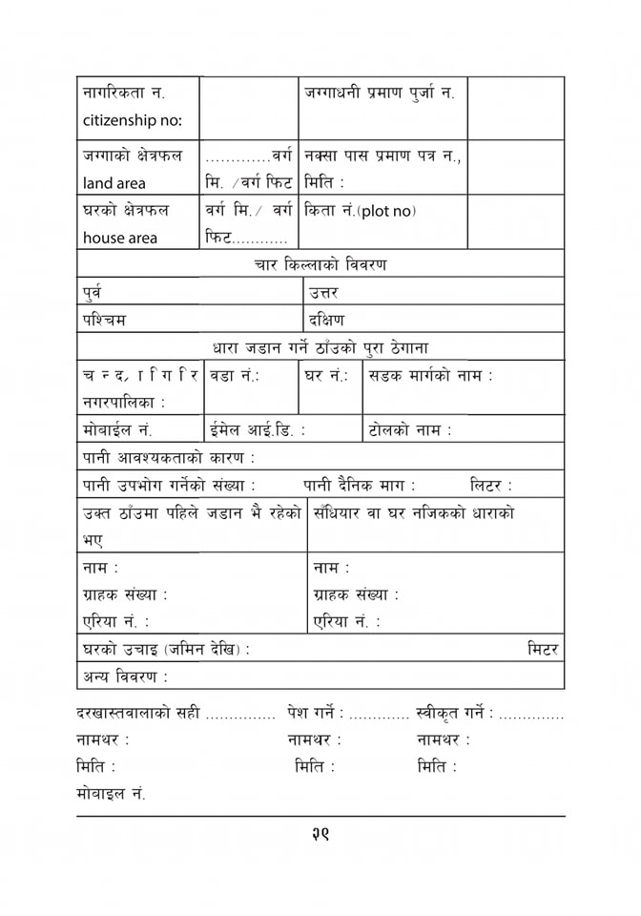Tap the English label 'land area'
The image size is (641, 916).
click(114, 183)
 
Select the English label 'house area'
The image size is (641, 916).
click(120, 238)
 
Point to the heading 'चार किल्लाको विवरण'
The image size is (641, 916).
click(320, 264)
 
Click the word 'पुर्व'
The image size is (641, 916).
click(93, 292)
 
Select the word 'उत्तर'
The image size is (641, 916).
click(324, 292)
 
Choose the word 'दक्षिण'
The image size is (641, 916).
click(326, 320)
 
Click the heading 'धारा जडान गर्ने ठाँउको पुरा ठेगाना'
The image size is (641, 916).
click(320, 347)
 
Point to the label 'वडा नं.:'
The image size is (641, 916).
click(235, 376)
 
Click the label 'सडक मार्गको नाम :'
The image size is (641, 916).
click(431, 376)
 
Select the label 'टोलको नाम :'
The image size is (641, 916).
click(410, 430)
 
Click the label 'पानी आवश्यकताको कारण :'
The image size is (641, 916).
click(169, 458)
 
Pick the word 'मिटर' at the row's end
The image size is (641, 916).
click(543, 649)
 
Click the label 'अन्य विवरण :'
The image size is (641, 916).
click(125, 677)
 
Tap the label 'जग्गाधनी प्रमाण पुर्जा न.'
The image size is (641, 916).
click(379, 94)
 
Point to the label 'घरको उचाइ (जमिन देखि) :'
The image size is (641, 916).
click(166, 649)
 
